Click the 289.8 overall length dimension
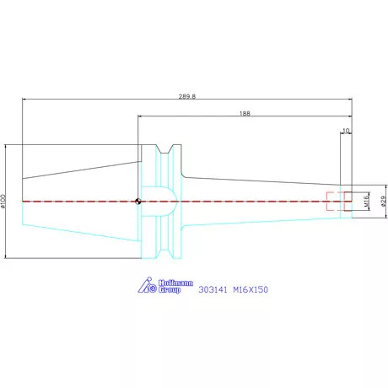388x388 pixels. [187, 96]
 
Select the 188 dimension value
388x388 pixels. [245, 114]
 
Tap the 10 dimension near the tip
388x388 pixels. [346, 131]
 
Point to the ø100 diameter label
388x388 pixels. [3, 201]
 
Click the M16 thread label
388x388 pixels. [366, 202]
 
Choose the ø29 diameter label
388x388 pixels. [384, 202]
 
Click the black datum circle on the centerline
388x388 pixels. [137, 202]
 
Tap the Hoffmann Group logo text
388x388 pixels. [175, 286]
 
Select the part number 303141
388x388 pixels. [213, 289]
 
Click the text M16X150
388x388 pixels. [251, 289]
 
